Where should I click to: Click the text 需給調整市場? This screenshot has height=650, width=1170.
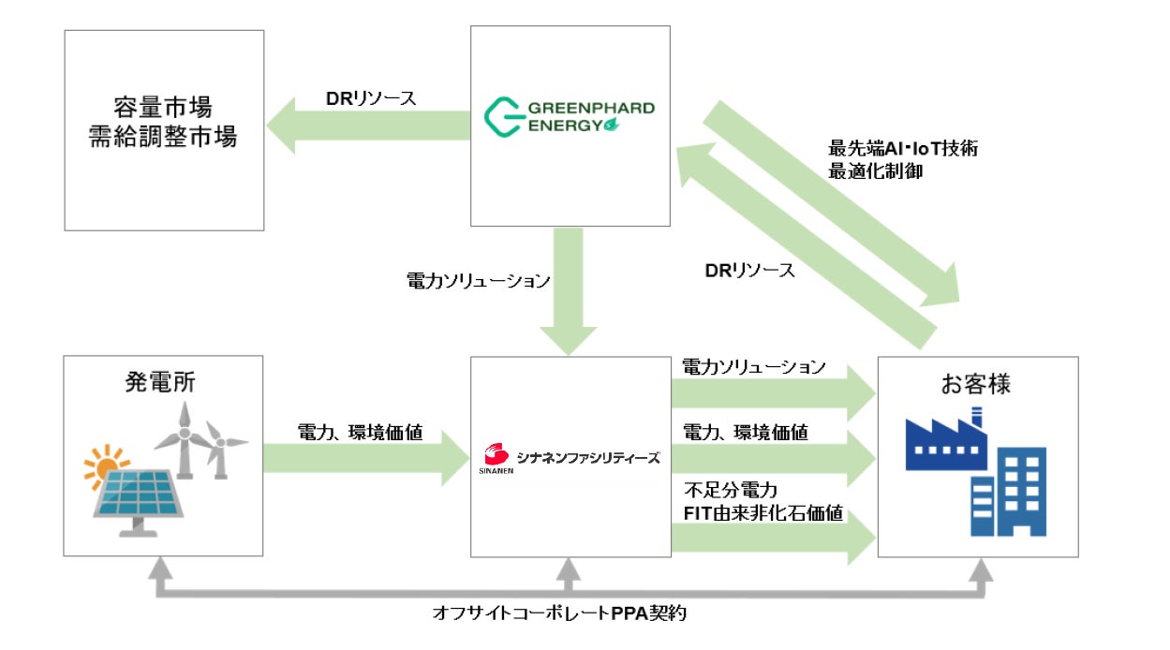[164, 138]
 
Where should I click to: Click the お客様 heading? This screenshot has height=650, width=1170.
[977, 384]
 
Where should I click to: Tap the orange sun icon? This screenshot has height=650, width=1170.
[105, 463]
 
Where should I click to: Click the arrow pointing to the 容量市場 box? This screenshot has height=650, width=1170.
[365, 126]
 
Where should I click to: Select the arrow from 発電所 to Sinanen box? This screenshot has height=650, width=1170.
[365, 457]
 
